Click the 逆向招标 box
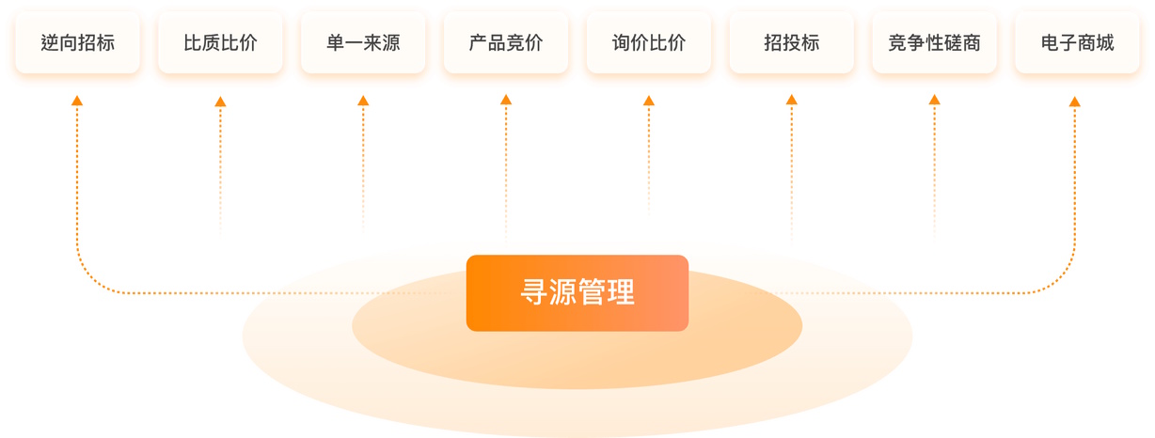click(x=77, y=43)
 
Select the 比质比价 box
click(x=220, y=43)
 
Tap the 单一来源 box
click(x=363, y=43)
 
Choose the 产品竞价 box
click(x=506, y=43)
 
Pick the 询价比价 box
click(x=649, y=43)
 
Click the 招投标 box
click(x=792, y=43)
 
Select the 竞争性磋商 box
click(x=934, y=43)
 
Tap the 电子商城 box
click(x=1077, y=43)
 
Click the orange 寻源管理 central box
click(x=577, y=293)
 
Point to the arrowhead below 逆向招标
click(x=77, y=100)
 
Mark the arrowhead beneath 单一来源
click(x=363, y=101)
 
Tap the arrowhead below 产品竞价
click(x=506, y=100)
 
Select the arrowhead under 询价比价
click(x=649, y=101)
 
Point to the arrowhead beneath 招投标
click(x=792, y=100)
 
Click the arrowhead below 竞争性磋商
click(x=934, y=100)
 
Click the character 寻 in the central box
click(x=534, y=293)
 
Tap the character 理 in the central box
click(x=621, y=293)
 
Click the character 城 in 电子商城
click(x=1104, y=43)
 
